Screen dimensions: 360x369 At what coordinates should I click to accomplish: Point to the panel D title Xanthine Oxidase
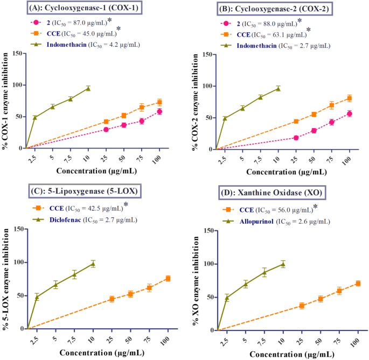(280, 192)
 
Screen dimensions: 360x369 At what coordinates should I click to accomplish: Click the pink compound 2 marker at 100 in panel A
(159, 111)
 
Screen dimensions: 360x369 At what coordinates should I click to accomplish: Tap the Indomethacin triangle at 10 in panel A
(88, 88)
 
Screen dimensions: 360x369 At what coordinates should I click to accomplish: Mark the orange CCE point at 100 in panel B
(349, 98)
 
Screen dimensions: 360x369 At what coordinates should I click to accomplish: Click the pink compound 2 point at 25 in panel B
(296, 138)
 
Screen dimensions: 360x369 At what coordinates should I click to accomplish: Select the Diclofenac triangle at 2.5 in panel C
(37, 297)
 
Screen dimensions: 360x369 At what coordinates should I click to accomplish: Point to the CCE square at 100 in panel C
(168, 278)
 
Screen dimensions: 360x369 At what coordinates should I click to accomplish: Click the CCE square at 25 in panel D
(302, 306)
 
